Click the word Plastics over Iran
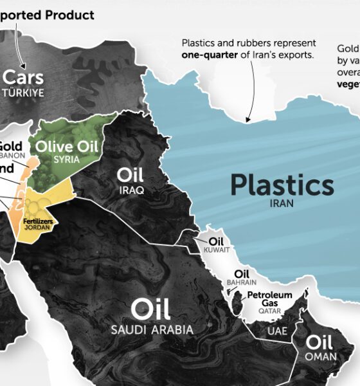pos(282,185)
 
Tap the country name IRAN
pos(282,203)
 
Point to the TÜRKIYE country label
pos(24,93)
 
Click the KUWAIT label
pos(215,250)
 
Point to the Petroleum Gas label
pos(270,299)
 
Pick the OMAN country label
pos(319,356)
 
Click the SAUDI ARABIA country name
pos(152,330)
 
